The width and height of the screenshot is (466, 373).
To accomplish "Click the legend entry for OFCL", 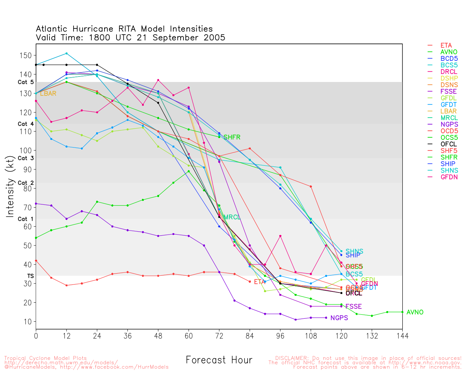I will (449, 144).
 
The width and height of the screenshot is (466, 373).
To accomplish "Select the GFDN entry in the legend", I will (449, 177).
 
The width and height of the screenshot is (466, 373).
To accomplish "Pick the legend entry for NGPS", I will (449, 125).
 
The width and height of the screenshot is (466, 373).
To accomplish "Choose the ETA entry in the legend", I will (446, 46).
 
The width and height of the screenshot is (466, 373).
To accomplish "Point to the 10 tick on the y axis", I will (28, 322).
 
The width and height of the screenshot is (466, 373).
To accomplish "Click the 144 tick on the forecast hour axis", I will (402, 335).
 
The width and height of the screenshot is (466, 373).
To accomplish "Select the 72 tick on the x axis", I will (219, 335).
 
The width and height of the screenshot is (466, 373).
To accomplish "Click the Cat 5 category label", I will (25, 82).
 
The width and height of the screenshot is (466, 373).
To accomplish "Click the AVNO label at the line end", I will (415, 312).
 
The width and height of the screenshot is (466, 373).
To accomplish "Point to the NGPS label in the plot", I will (339, 318).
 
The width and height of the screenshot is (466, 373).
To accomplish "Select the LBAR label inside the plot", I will (48, 94).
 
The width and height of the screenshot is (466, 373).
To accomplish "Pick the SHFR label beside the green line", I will (232, 137).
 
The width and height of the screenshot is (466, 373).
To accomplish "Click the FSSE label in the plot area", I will (354, 307).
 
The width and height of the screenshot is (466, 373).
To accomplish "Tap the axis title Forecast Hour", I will (219, 360).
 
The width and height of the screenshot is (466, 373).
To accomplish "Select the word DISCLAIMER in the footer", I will (291, 358).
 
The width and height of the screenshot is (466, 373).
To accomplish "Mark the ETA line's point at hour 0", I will (36, 260).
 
